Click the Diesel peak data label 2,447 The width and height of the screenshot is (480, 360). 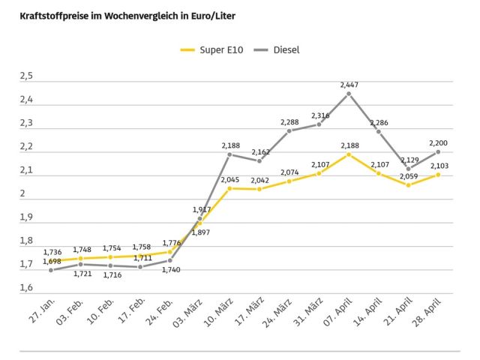pos(349,85)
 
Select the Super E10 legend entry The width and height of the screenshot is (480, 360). pos(211,50)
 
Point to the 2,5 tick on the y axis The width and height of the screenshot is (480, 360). pos(27,76)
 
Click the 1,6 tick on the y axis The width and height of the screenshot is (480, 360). pos(27,289)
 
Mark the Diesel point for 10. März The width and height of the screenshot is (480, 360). pos(229,154)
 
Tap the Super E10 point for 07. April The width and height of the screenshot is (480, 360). pos(349,154)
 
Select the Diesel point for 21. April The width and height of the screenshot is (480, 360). pos(408,169)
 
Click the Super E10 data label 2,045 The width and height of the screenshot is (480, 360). pos(229,179)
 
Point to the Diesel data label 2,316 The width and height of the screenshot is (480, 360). pos(319,115)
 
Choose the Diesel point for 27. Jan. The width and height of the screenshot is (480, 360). pos(52,269)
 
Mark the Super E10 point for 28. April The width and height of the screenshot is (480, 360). pos(438,174)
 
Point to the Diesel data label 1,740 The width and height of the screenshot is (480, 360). pos(171,269)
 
